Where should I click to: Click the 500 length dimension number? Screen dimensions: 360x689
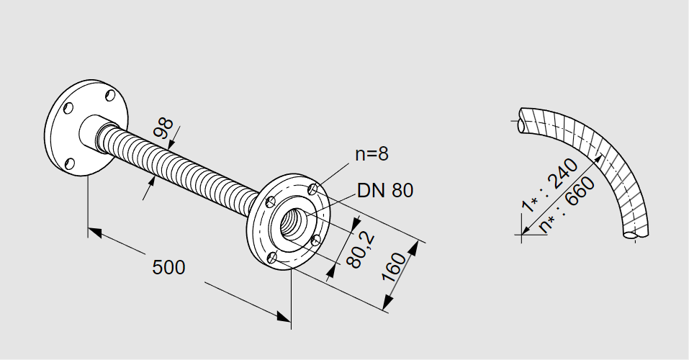click(x=168, y=267)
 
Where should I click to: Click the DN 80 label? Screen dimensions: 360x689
click(x=385, y=191)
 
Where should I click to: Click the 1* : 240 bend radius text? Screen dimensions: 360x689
click(x=549, y=186)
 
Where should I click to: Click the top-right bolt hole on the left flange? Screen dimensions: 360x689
click(x=109, y=95)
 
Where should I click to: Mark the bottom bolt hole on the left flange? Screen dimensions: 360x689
click(x=71, y=163)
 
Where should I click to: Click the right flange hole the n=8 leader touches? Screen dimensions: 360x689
click(x=312, y=189)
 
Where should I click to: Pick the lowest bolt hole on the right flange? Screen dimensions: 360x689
click(x=272, y=257)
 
